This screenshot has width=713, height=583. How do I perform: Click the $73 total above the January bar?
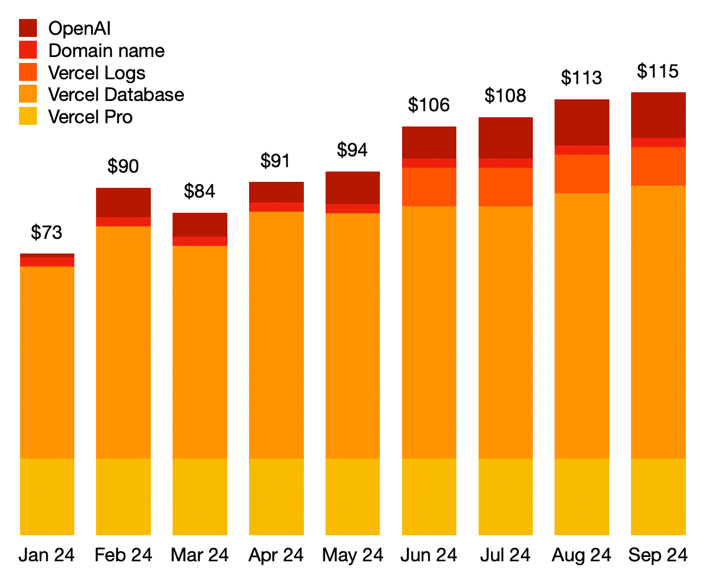[x=47, y=232]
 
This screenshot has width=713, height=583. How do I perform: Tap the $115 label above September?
[x=658, y=71]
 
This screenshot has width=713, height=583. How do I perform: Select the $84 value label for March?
[x=199, y=191]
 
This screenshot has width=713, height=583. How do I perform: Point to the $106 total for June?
[x=429, y=105]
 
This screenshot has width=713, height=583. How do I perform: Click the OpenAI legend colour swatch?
[x=28, y=28]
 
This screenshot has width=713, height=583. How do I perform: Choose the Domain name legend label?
[x=106, y=50]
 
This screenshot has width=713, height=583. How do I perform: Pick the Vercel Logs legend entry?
[x=97, y=73]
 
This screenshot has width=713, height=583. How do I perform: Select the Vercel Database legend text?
[x=116, y=94]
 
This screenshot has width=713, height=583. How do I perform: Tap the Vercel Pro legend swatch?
[x=28, y=116]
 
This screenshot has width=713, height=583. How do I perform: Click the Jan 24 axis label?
[x=47, y=555]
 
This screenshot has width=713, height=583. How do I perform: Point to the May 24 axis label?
[x=353, y=555]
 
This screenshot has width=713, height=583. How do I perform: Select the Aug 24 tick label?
[x=581, y=555]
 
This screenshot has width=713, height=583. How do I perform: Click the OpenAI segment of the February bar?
[x=123, y=202]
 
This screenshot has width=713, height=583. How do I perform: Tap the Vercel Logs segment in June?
[x=429, y=187]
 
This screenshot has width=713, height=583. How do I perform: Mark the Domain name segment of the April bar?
[x=276, y=207]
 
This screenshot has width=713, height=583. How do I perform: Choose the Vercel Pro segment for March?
[x=200, y=497]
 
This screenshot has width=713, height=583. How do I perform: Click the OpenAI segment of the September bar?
[x=658, y=115]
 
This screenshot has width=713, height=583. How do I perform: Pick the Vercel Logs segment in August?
[x=582, y=174]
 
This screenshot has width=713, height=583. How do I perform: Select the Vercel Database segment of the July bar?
[x=505, y=332]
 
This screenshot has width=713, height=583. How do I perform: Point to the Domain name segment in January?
[x=47, y=262]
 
